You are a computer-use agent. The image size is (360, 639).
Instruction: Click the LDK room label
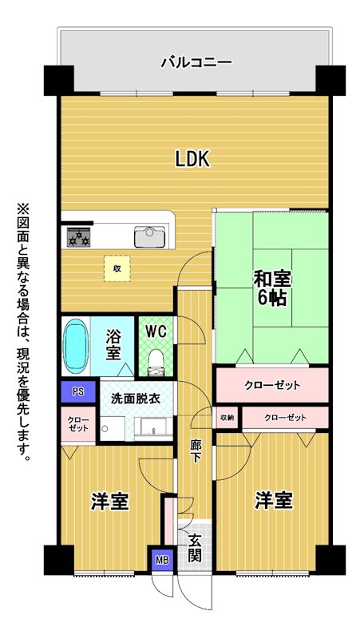(192, 159)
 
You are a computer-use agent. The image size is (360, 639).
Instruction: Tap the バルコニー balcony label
(196, 63)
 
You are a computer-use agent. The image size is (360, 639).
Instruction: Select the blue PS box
(78, 391)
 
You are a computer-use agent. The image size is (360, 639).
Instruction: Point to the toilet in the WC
(155, 362)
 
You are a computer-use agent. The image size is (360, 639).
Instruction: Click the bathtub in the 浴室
(75, 346)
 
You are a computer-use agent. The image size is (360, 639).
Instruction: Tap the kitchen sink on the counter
(149, 236)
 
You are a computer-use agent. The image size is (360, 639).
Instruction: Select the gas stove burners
(78, 236)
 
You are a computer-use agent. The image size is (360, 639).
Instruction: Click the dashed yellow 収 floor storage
(117, 268)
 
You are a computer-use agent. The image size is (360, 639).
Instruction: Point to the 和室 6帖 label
(272, 288)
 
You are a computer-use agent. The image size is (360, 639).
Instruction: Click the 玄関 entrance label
(195, 548)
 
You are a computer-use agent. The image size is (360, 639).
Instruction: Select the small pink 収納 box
(227, 417)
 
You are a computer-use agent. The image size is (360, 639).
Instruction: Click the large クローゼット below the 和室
(271, 385)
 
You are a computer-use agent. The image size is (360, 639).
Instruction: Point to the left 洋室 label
(110, 502)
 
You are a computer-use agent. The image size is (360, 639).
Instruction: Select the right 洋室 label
(274, 501)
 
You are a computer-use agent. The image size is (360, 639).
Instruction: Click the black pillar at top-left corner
(59, 81)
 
